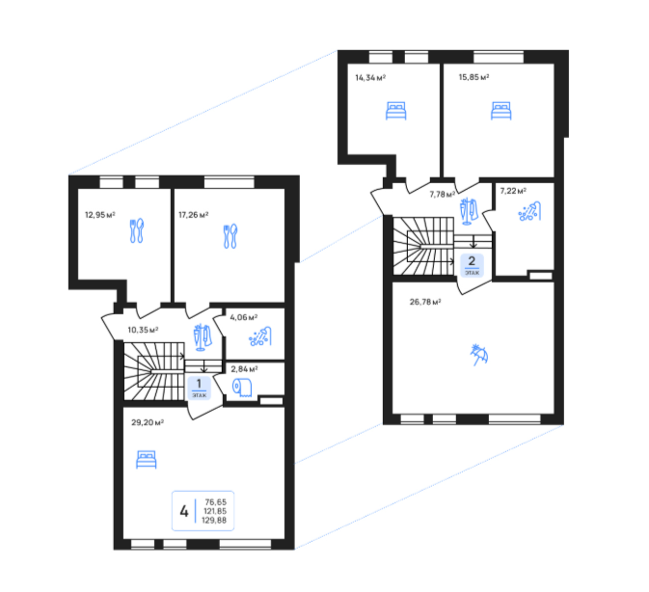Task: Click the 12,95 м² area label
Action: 99,215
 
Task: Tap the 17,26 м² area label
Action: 193,215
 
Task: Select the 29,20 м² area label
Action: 148,422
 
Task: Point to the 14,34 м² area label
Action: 370,77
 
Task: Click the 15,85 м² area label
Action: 473,77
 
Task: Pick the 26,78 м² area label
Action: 425,302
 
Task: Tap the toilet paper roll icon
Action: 242,388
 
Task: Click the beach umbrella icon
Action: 479,355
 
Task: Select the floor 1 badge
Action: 199,388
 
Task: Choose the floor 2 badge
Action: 472,265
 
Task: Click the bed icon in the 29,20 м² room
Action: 147,460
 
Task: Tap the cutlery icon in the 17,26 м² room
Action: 230,236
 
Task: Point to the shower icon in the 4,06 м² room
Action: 260,336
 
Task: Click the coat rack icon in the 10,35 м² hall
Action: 203,337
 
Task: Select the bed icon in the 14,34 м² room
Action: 395,111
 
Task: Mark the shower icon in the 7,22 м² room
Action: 529,211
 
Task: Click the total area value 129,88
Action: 214,521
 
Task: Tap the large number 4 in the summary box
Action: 184,512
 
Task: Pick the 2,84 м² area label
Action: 244,369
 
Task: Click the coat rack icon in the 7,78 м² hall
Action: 469,211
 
